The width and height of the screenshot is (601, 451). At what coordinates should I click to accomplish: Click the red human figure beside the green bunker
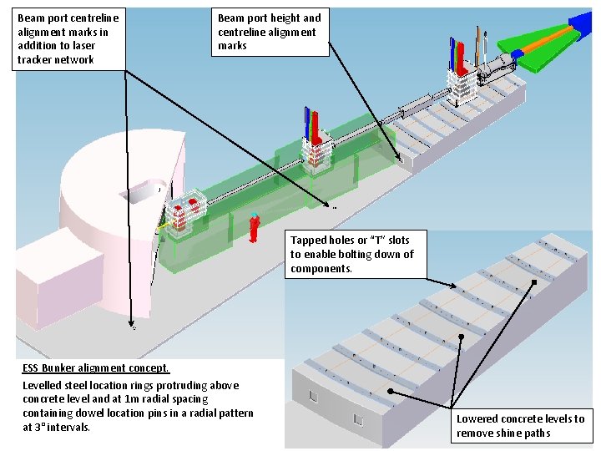254,227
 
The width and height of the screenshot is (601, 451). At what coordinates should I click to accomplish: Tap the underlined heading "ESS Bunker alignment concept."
96,367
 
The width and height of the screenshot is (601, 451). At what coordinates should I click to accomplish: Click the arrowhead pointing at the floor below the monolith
131,326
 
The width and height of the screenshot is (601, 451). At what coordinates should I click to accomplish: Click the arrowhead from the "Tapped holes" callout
455,287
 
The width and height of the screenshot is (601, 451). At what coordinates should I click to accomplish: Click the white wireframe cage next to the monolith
185,212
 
